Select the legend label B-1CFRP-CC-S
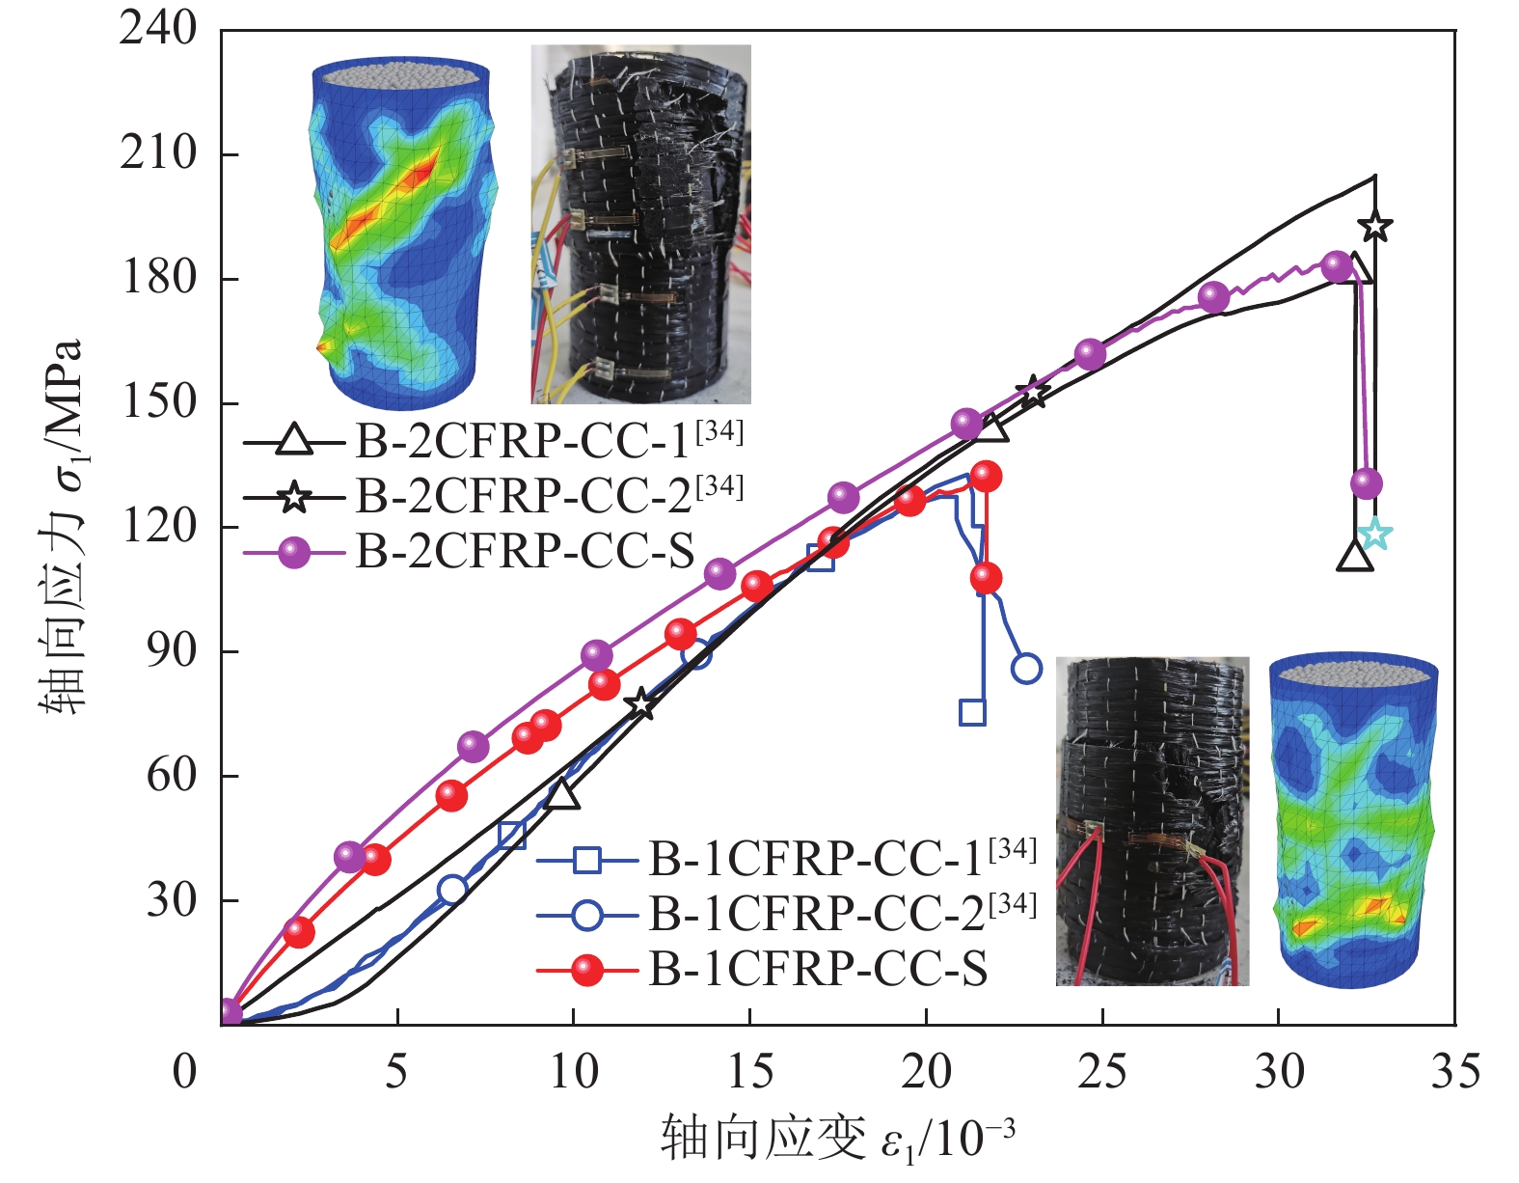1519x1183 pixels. [818, 969]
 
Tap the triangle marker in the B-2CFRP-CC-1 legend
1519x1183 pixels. [294, 441]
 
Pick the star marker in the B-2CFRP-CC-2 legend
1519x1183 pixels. [294, 498]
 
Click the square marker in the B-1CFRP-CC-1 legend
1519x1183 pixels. [587, 858]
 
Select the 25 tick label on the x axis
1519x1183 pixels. [1101, 1071]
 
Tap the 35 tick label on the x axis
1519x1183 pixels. [1454, 1071]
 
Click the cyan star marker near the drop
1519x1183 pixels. [1375, 534]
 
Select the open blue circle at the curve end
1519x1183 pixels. [1027, 668]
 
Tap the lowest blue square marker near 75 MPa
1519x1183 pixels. [973, 712]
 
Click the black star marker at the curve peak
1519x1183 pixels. [1375, 227]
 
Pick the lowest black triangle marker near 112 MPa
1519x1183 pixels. [1355, 557]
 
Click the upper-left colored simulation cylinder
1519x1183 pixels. [402, 232]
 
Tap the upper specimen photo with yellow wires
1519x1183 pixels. [640, 224]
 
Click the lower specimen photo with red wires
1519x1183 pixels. [1152, 820]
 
